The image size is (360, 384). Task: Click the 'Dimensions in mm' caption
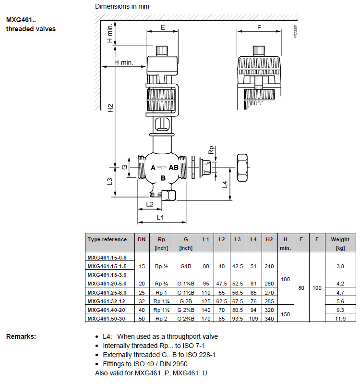coord(122,6)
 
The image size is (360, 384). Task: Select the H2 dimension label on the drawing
coord(110,109)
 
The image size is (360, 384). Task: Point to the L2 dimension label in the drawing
coord(149,204)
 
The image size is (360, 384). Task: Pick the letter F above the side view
coord(259,27)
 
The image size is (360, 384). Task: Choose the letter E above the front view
coord(163,27)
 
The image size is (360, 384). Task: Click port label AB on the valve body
coord(173,167)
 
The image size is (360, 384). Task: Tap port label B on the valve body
coord(163,178)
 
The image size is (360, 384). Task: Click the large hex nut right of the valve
coord(242,167)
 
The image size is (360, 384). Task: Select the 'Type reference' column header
coord(107,239)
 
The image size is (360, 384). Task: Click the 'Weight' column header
coord(340,239)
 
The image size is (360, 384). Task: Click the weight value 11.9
coord(340,318)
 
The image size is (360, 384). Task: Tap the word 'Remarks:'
coord(21,336)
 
